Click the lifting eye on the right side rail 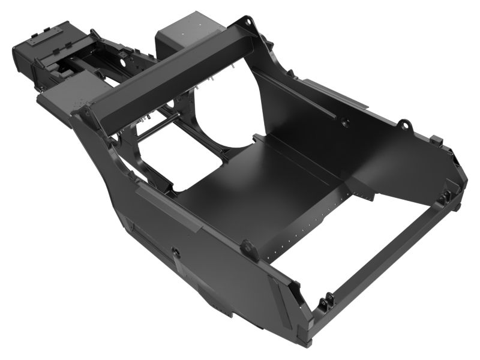(405, 125)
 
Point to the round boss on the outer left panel (176, 251)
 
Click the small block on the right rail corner (437, 141)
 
